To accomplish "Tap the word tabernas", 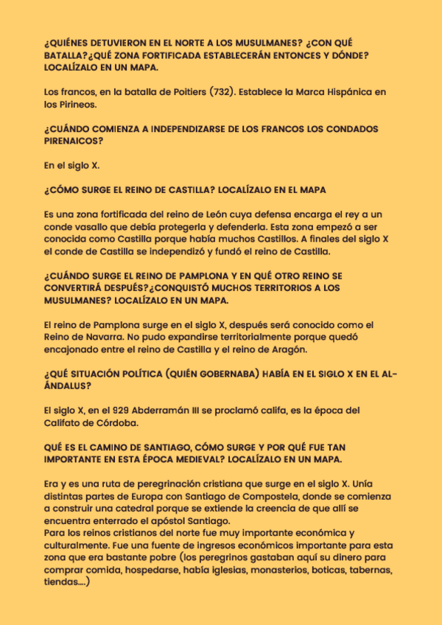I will [372, 569].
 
